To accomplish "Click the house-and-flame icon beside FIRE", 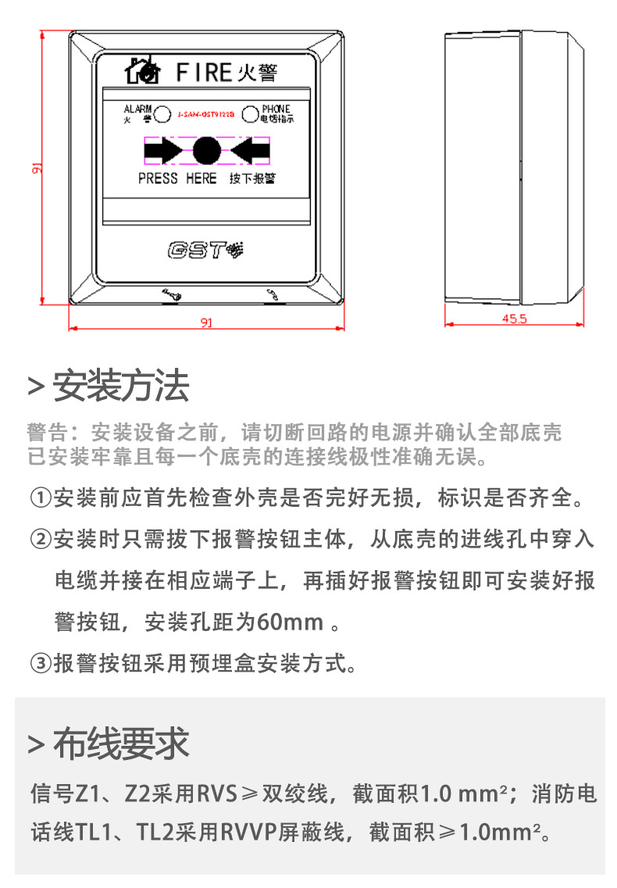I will click(143, 71).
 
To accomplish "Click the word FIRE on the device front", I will click(202, 72).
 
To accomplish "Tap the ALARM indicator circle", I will click(162, 115).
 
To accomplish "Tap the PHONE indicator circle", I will click(250, 115).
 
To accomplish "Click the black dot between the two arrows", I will click(206, 150).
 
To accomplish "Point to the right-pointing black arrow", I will click(162, 150).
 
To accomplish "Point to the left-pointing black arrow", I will click(250, 150).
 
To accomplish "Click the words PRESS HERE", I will click(177, 179).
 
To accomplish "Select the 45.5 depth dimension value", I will click(515, 319).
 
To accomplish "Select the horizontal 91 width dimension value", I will click(205, 323).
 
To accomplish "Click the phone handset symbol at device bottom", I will click(272, 294).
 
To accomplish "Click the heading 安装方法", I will click(120, 386).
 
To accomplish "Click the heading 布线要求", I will click(120, 744).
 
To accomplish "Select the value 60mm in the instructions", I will click(290, 622).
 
